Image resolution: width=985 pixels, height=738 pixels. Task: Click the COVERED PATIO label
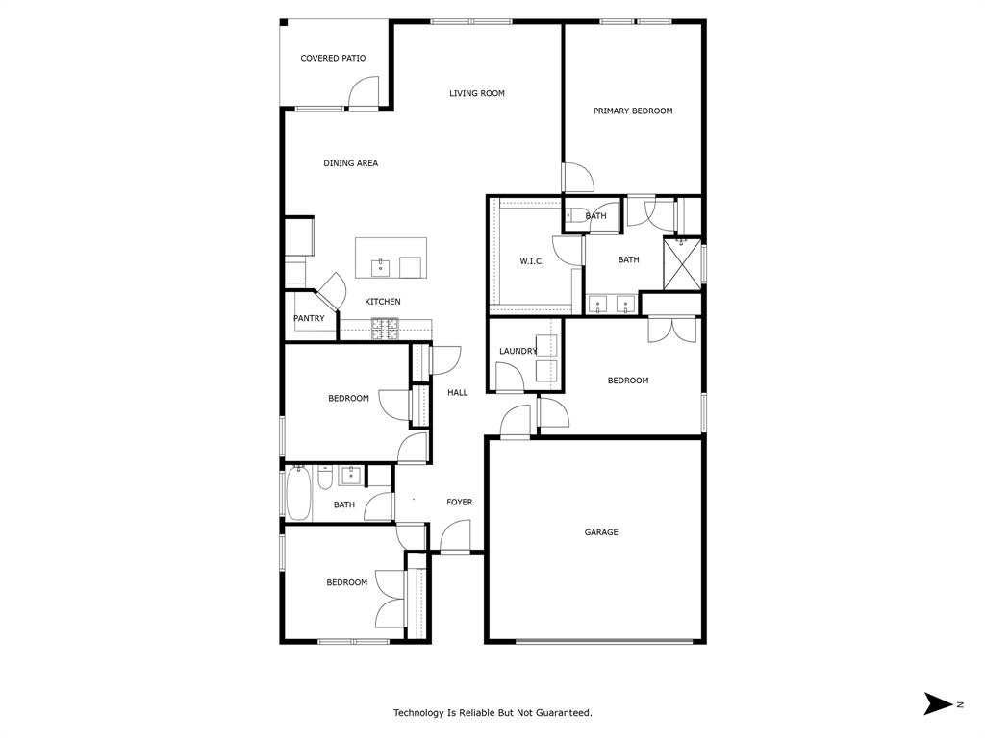pos(333,59)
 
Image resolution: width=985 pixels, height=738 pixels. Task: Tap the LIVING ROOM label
pos(477,93)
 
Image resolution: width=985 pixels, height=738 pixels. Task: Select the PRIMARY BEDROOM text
pos(632,111)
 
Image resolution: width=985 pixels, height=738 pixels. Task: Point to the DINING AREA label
pos(350,163)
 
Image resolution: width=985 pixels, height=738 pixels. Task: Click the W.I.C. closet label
pos(532,261)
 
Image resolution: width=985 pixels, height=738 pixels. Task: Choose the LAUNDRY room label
pos(518,352)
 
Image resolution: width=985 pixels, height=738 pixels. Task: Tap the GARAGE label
pos(601,532)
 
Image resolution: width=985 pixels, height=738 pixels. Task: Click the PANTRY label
pos(309,319)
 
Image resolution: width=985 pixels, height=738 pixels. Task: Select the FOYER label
pos(459,503)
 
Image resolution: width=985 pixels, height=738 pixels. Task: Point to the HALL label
pos(457,393)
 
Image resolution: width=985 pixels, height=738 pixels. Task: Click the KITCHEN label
pos(382,302)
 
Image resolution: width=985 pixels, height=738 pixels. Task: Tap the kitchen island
pos(391,258)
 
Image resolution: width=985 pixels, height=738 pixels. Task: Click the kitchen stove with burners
pos(386,329)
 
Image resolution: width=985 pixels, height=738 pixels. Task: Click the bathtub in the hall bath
pos(298,494)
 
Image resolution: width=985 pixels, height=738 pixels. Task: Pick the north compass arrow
pos(937,703)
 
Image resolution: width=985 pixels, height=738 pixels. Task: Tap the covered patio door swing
pos(364,93)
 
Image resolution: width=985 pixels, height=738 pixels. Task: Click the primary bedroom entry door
pos(577,179)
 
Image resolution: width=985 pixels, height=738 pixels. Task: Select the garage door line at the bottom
pos(604,641)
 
